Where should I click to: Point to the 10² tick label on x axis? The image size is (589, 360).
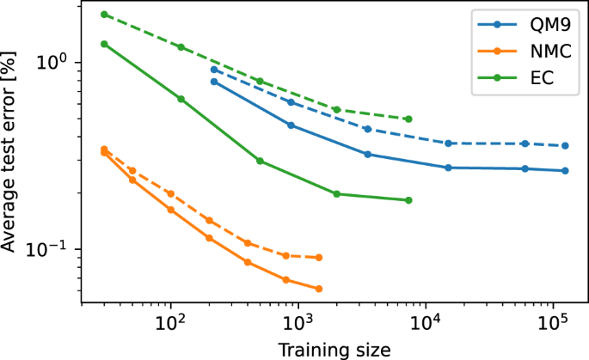pyautogui.click(x=171, y=324)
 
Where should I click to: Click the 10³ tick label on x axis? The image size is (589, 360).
pyautogui.click(x=298, y=324)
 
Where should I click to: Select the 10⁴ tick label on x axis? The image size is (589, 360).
pyautogui.click(x=425, y=324)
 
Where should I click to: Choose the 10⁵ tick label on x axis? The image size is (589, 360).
pyautogui.click(x=551, y=324)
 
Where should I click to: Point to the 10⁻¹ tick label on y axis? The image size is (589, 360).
pyautogui.click(x=53, y=250)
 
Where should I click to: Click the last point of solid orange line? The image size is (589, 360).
pyautogui.click(x=319, y=289)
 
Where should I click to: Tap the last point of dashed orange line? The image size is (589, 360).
pyautogui.click(x=319, y=257)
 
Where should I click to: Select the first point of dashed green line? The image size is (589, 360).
pyautogui.click(x=104, y=15)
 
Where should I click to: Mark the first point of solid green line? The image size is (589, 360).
pyautogui.click(x=104, y=44)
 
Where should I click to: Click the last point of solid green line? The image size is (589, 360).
pyautogui.click(x=408, y=200)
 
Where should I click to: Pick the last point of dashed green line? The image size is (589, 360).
pyautogui.click(x=408, y=119)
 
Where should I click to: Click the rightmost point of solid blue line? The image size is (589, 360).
pyautogui.click(x=565, y=170)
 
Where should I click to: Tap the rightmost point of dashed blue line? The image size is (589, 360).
pyautogui.click(x=565, y=146)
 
